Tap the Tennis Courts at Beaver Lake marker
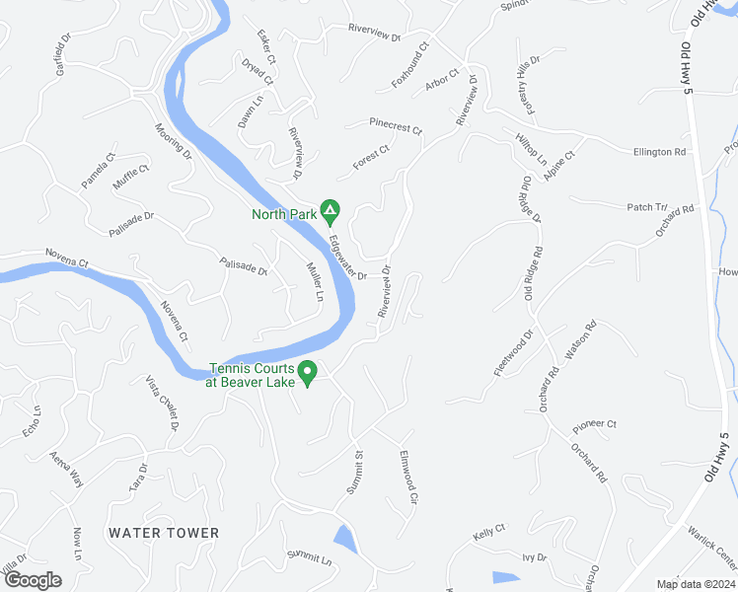[308, 373]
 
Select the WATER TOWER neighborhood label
[164, 533]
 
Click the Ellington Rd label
[659, 152]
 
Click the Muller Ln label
[315, 282]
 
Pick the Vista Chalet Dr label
[161, 403]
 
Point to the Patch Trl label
[647, 206]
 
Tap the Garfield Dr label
[64, 57]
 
